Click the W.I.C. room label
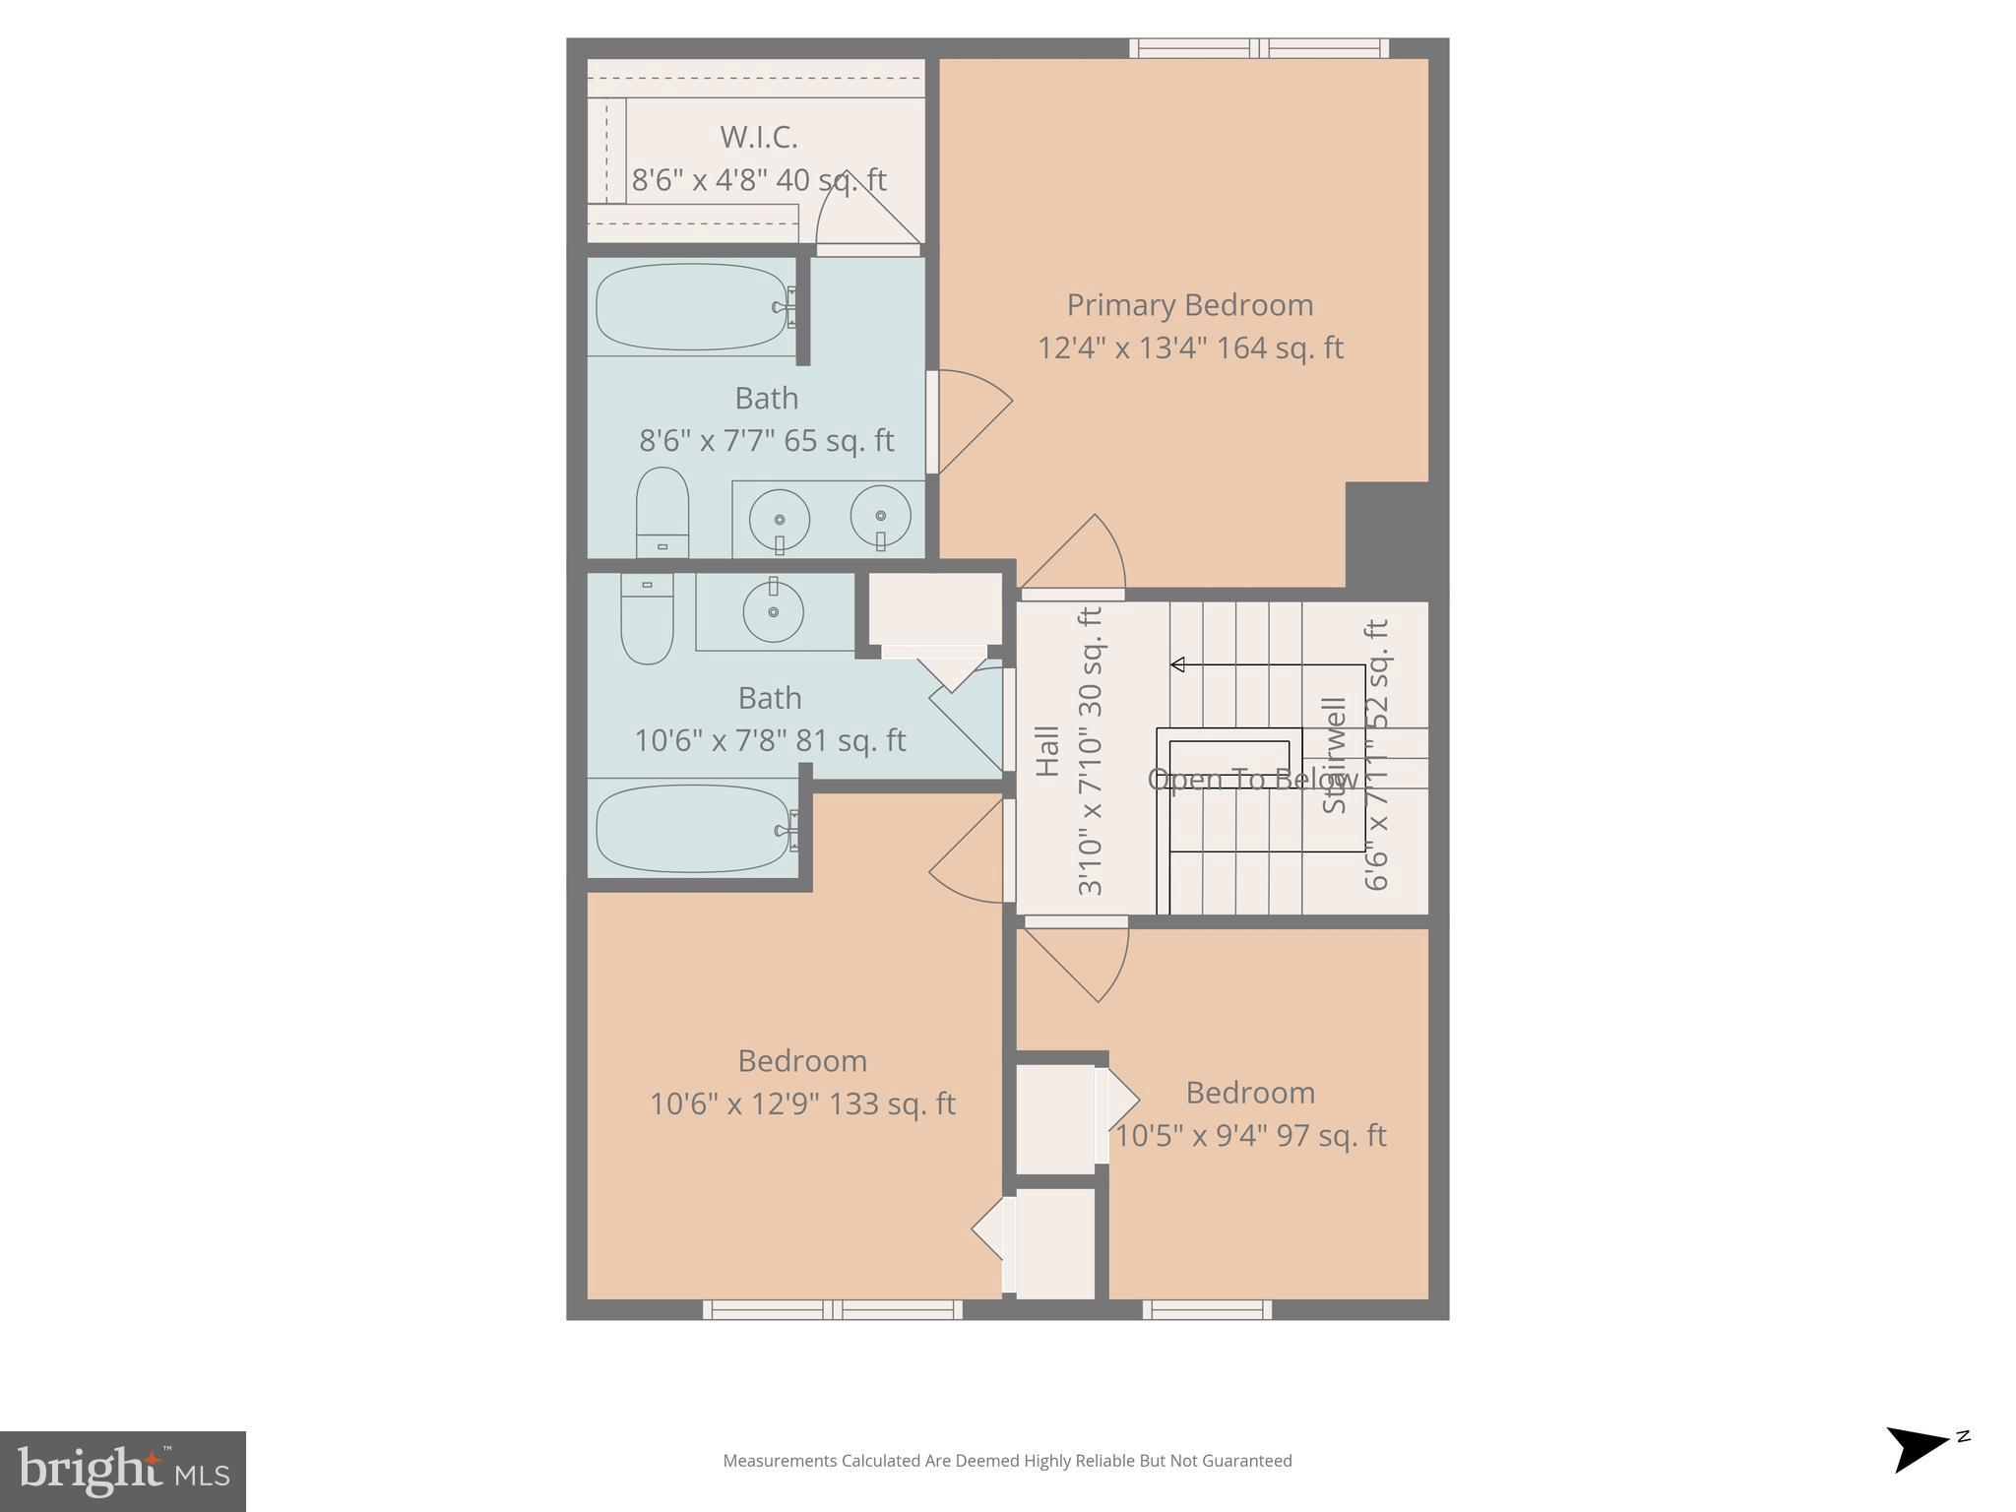pos(758,137)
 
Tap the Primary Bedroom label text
pos(1189,305)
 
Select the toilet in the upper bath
pos(661,512)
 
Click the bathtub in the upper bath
pos(692,306)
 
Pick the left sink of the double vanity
pos(780,520)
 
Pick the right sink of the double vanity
pos(880,516)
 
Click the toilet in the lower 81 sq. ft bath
pos(647,620)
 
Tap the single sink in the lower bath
pos(773,611)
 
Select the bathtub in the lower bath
pos(692,829)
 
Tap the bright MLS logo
pos(123,1471)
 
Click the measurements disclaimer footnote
pos(1007,1461)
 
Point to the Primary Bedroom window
pos(1258,48)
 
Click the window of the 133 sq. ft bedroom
pos(833,1309)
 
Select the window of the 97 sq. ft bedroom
pos(1207,1309)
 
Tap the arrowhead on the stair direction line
pos(1177,664)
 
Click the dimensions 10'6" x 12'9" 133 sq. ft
pos(801,1104)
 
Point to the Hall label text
pos(1047,751)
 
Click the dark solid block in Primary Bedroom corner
pos(1386,535)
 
